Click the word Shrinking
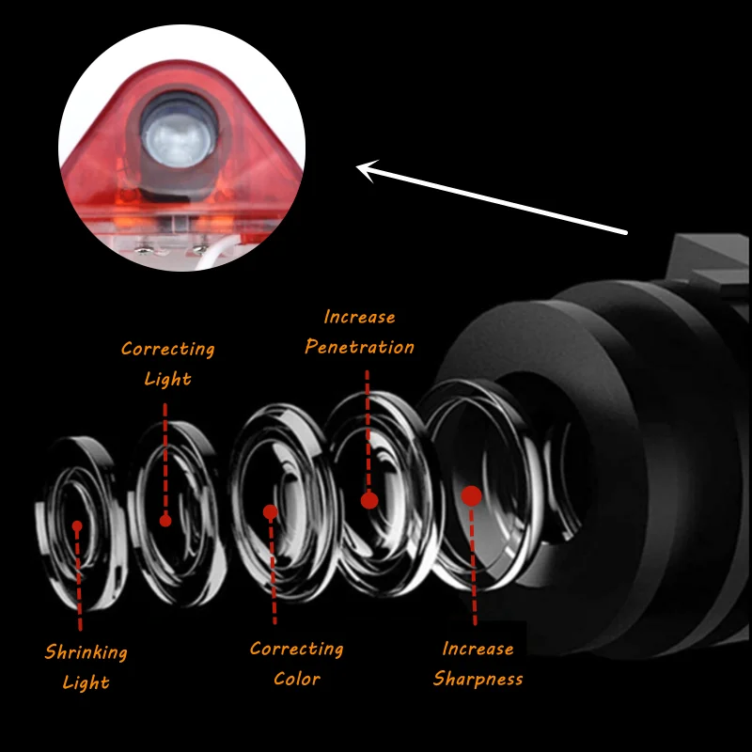86,651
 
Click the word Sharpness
478,679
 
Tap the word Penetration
359,347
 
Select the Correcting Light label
167,363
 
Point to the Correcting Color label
296,663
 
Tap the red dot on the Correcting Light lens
165,520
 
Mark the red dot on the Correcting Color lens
271,512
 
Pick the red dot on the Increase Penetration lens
369,500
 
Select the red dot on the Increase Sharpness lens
472,495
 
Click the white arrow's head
367,169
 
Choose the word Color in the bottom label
296,679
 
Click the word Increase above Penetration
359,317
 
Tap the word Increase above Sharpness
478,649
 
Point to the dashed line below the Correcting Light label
165,451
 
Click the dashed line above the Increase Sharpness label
474,573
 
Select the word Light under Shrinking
86,681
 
